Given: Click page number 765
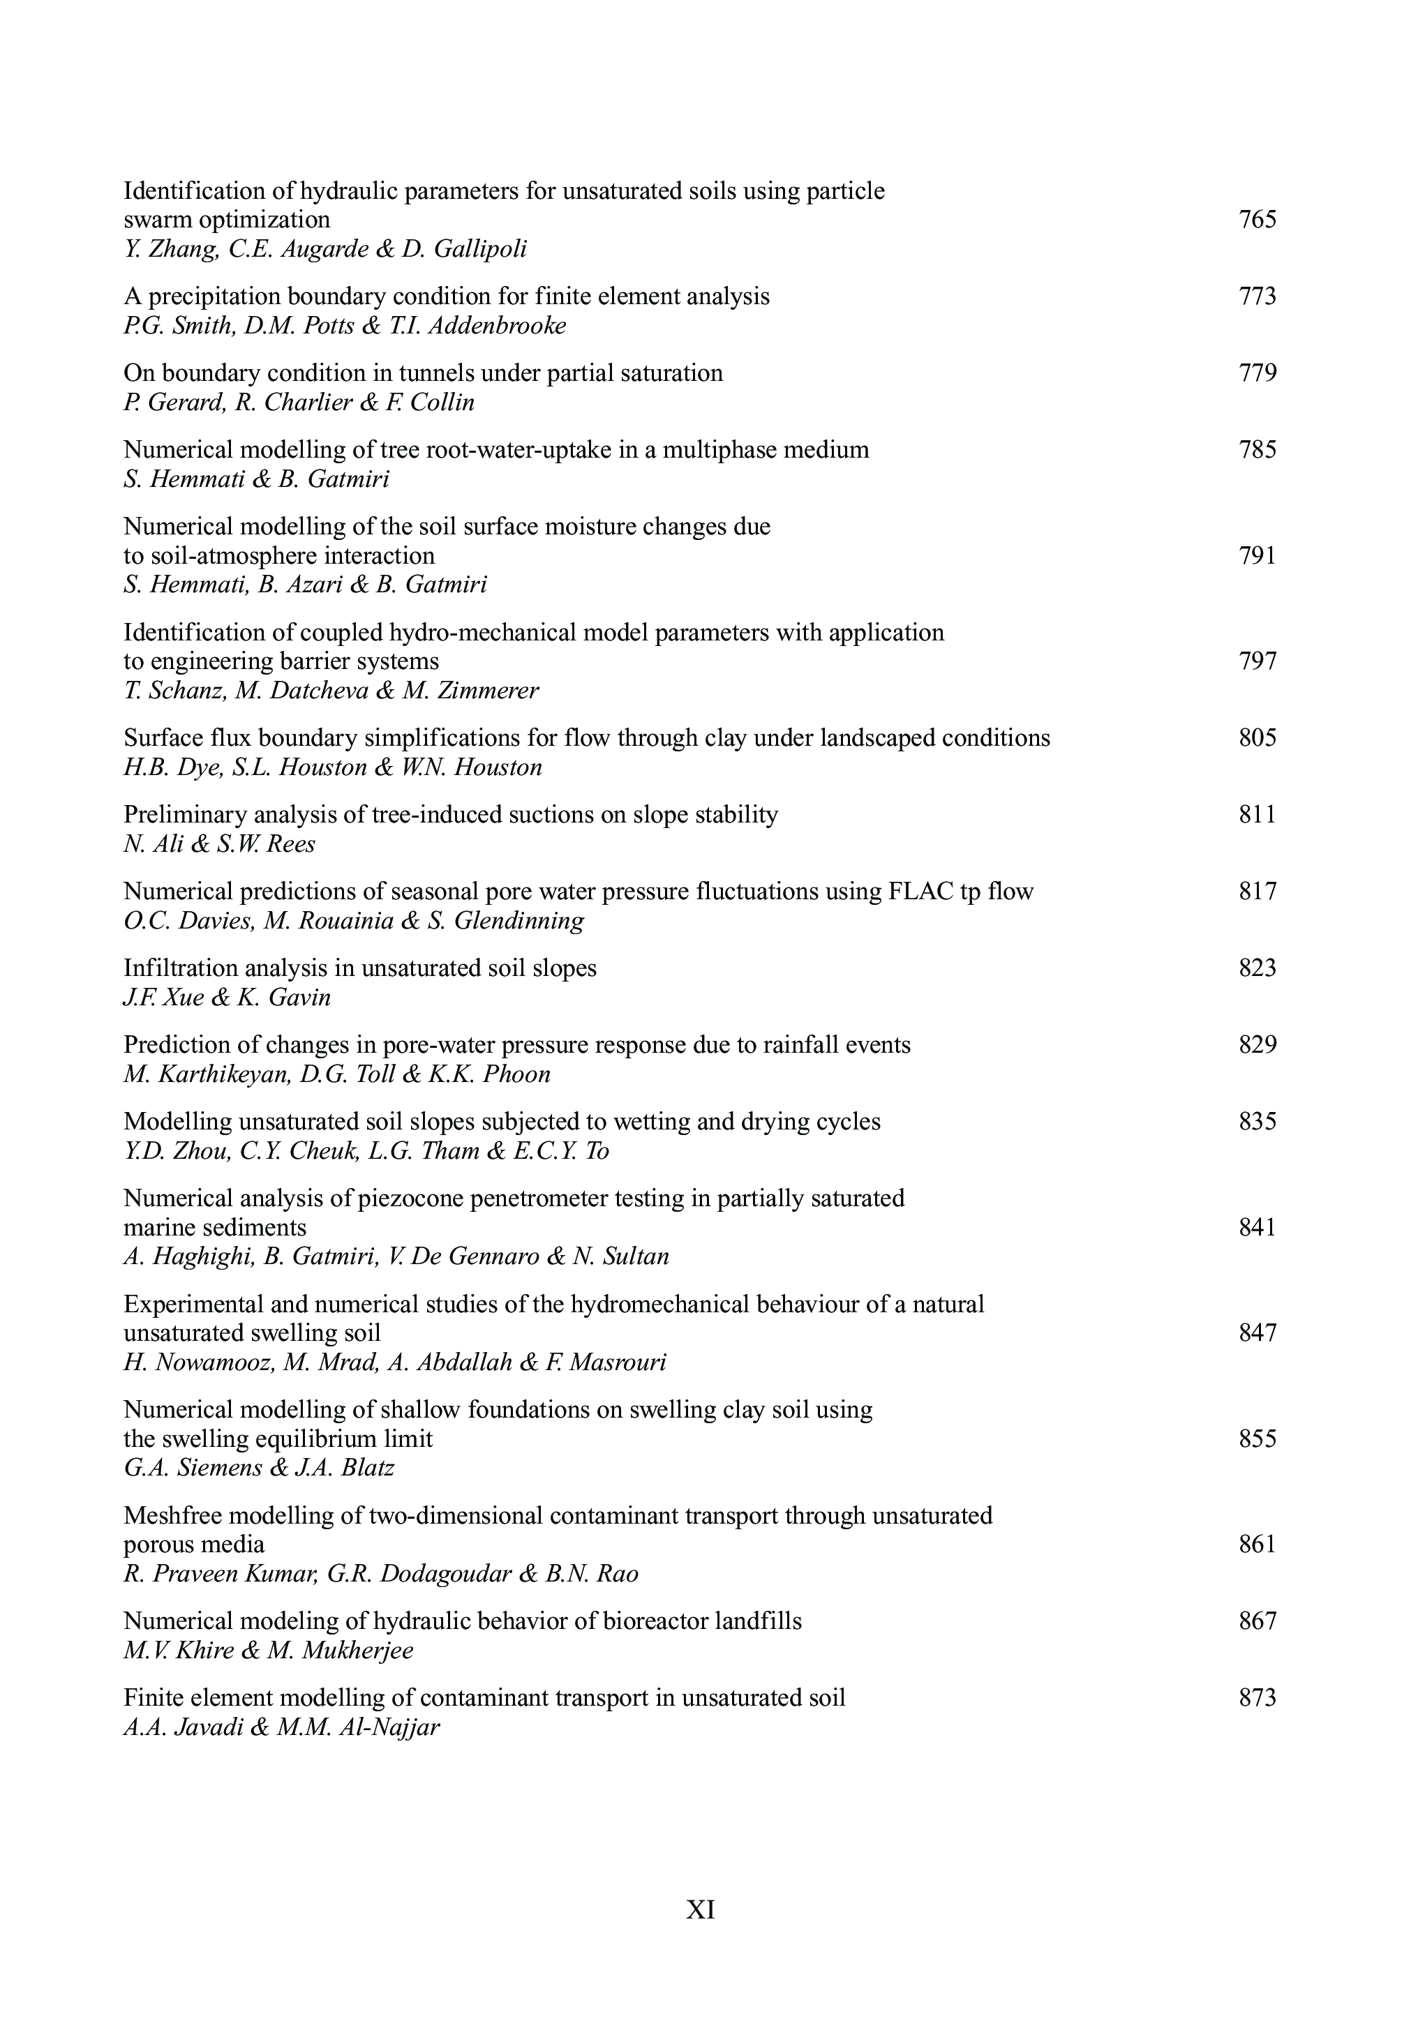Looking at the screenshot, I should point(1258,219).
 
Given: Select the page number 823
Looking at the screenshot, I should point(1258,968).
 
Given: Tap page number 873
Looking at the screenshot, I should point(1258,1697).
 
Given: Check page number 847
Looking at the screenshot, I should point(1258,1333).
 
